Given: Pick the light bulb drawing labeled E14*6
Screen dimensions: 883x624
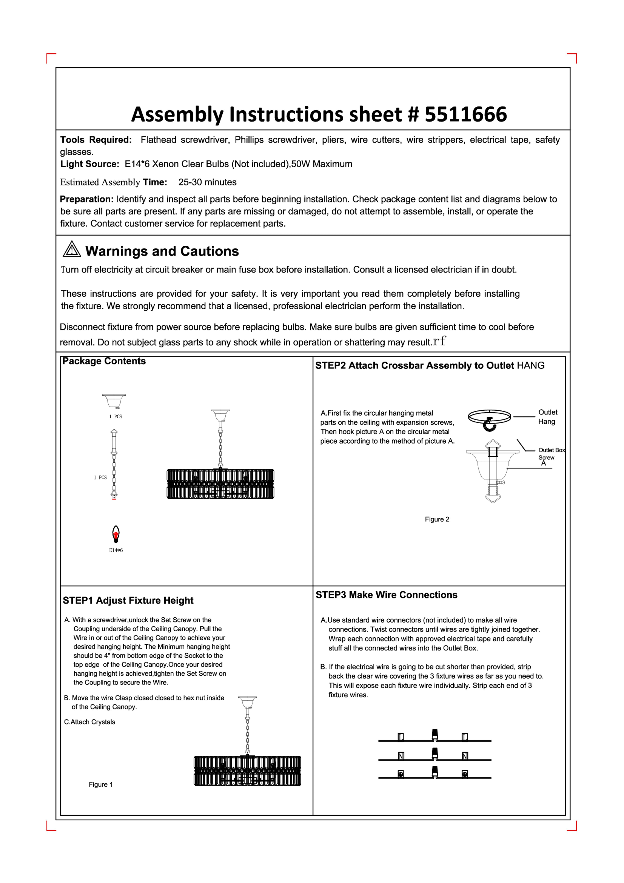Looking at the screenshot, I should (x=116, y=534).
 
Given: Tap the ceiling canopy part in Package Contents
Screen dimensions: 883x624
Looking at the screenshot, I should (x=114, y=401).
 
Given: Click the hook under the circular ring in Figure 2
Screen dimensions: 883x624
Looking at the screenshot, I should (x=489, y=425).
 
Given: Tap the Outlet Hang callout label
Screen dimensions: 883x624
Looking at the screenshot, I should (x=548, y=417).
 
